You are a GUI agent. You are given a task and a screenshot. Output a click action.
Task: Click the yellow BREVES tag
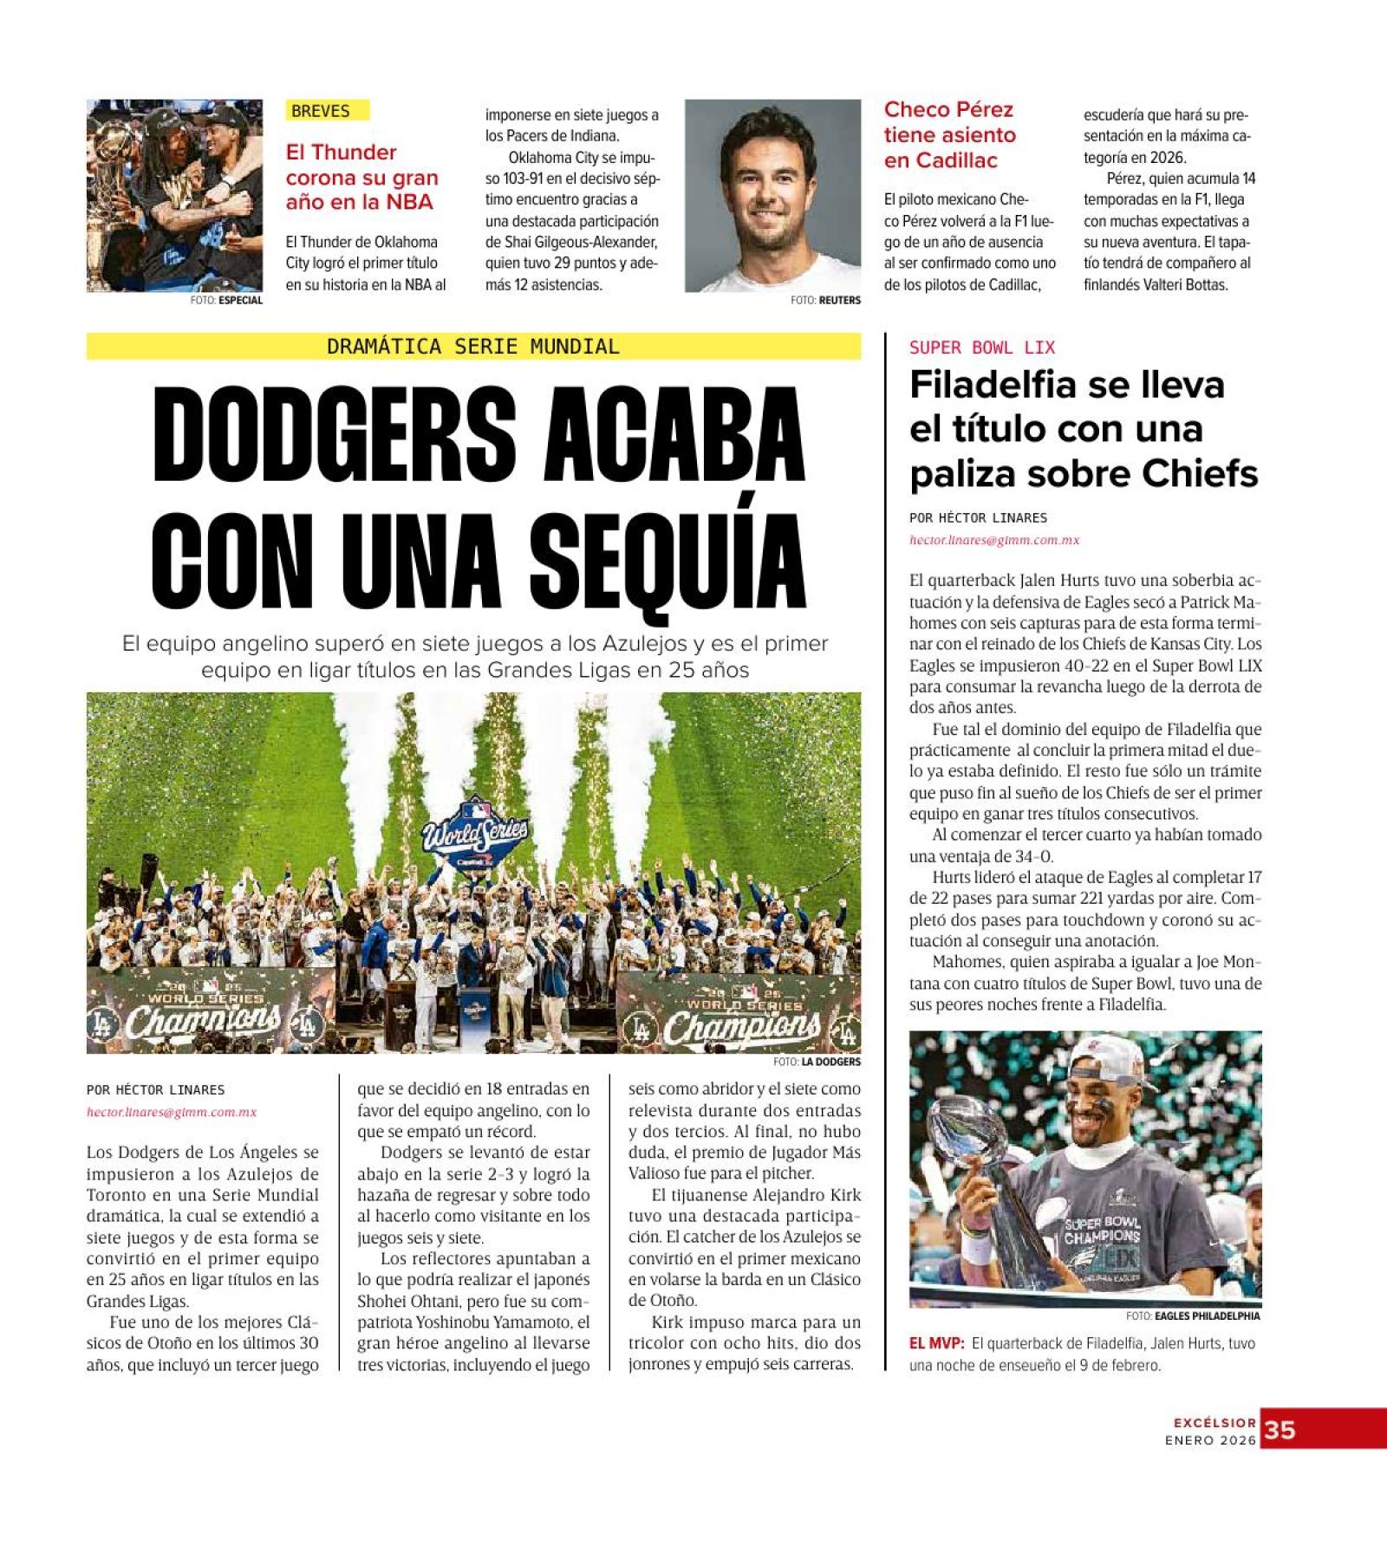[327, 110]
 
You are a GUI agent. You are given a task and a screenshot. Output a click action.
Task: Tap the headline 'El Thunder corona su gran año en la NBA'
[361, 177]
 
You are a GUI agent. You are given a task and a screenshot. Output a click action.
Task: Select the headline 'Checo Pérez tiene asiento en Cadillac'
[949, 135]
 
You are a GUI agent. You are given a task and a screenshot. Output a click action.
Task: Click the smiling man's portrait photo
[772, 195]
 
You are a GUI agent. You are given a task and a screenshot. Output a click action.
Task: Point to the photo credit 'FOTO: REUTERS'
[825, 300]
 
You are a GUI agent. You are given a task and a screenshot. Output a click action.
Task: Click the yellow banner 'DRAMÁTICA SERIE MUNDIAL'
[473, 347]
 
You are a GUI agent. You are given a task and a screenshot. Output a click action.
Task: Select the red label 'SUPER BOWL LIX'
[981, 348]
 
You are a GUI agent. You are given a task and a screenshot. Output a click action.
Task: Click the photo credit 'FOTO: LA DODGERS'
[817, 1062]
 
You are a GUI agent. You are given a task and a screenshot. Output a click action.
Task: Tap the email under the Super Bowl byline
[993, 540]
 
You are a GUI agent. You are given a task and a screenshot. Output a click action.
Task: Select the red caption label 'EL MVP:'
[936, 1343]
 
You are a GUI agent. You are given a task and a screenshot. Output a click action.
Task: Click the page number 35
[1280, 1430]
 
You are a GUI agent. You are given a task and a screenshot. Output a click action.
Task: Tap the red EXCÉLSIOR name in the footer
[1214, 1422]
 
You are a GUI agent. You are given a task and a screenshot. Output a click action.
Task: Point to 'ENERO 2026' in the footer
[1209, 1440]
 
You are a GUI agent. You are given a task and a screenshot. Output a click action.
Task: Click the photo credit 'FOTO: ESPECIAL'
[226, 300]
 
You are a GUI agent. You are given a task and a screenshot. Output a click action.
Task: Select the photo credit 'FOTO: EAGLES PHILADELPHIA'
[1193, 1315]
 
